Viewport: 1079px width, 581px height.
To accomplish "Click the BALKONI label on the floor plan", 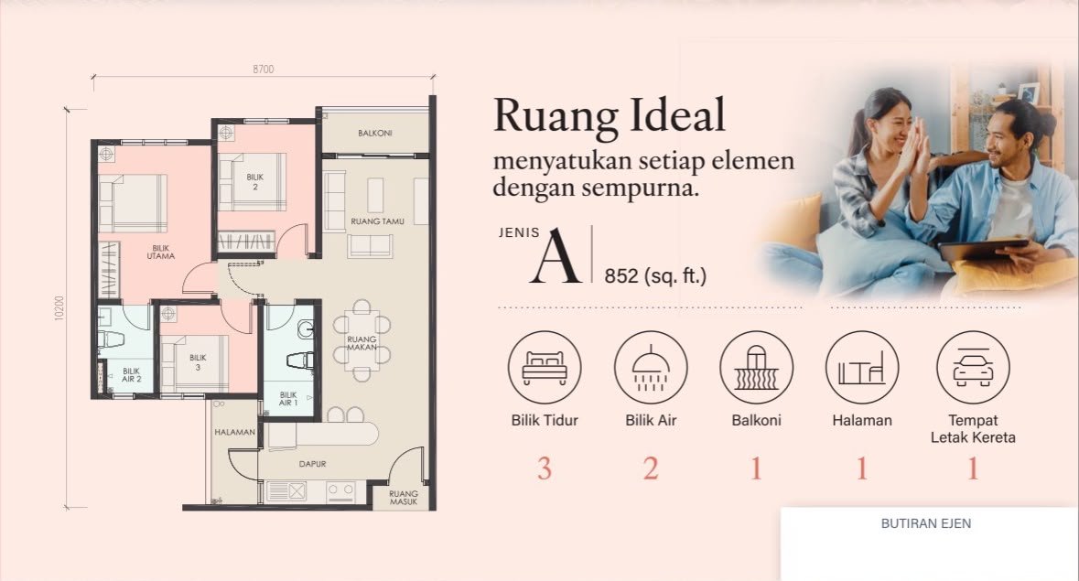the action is point(375,133).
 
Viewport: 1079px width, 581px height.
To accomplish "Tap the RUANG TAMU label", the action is point(377,221).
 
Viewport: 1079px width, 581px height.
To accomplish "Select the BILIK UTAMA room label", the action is point(160,253).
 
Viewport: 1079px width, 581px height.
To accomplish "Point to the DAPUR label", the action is point(312,464).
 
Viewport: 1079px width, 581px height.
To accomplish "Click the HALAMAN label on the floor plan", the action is point(234,433).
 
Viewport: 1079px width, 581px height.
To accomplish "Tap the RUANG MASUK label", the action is point(404,498).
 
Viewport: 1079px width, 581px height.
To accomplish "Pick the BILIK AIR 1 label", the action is point(288,399).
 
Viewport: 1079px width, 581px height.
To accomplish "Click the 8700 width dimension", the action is point(263,69).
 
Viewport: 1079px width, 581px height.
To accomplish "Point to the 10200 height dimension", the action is point(59,308).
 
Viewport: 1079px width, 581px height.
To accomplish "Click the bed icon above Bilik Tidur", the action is point(545,367).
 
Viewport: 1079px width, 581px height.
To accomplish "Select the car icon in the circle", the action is point(973,367).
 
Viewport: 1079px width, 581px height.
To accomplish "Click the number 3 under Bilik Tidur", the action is point(545,469).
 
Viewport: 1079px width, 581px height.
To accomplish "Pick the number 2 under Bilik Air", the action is point(651,469).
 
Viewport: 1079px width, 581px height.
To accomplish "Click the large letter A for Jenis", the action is point(556,257).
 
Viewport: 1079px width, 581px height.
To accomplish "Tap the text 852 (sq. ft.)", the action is point(655,275).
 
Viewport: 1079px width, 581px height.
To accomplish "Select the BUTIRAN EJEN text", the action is point(926,523).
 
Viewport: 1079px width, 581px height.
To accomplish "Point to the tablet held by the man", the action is point(984,249).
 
